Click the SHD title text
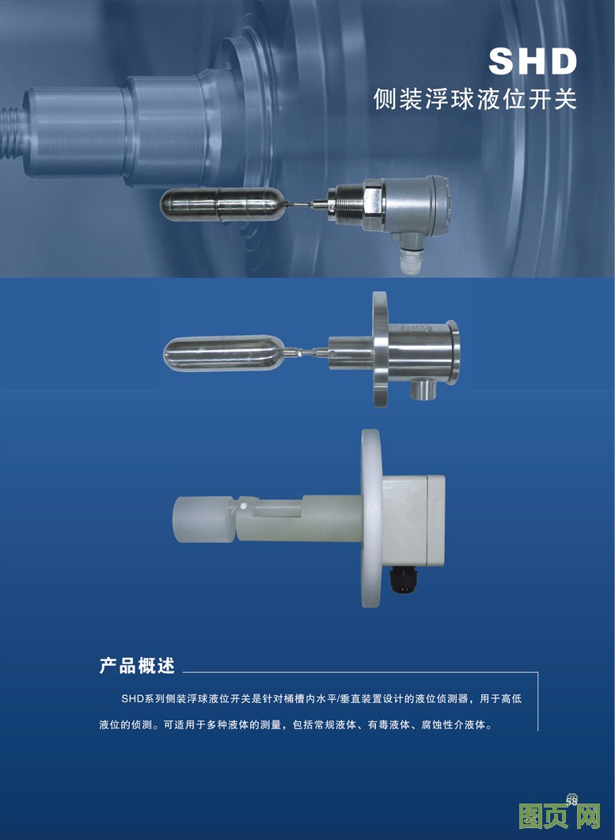(533, 61)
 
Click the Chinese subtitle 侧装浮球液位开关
(475, 99)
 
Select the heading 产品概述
(137, 665)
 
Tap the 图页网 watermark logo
(560, 815)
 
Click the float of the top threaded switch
(222, 204)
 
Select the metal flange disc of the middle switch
(380, 349)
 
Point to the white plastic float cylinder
(204, 519)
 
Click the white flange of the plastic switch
(371, 518)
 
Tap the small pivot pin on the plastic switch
(243, 505)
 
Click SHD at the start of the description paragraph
(133, 698)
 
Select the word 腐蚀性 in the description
(438, 725)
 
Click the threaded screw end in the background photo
(11, 131)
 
